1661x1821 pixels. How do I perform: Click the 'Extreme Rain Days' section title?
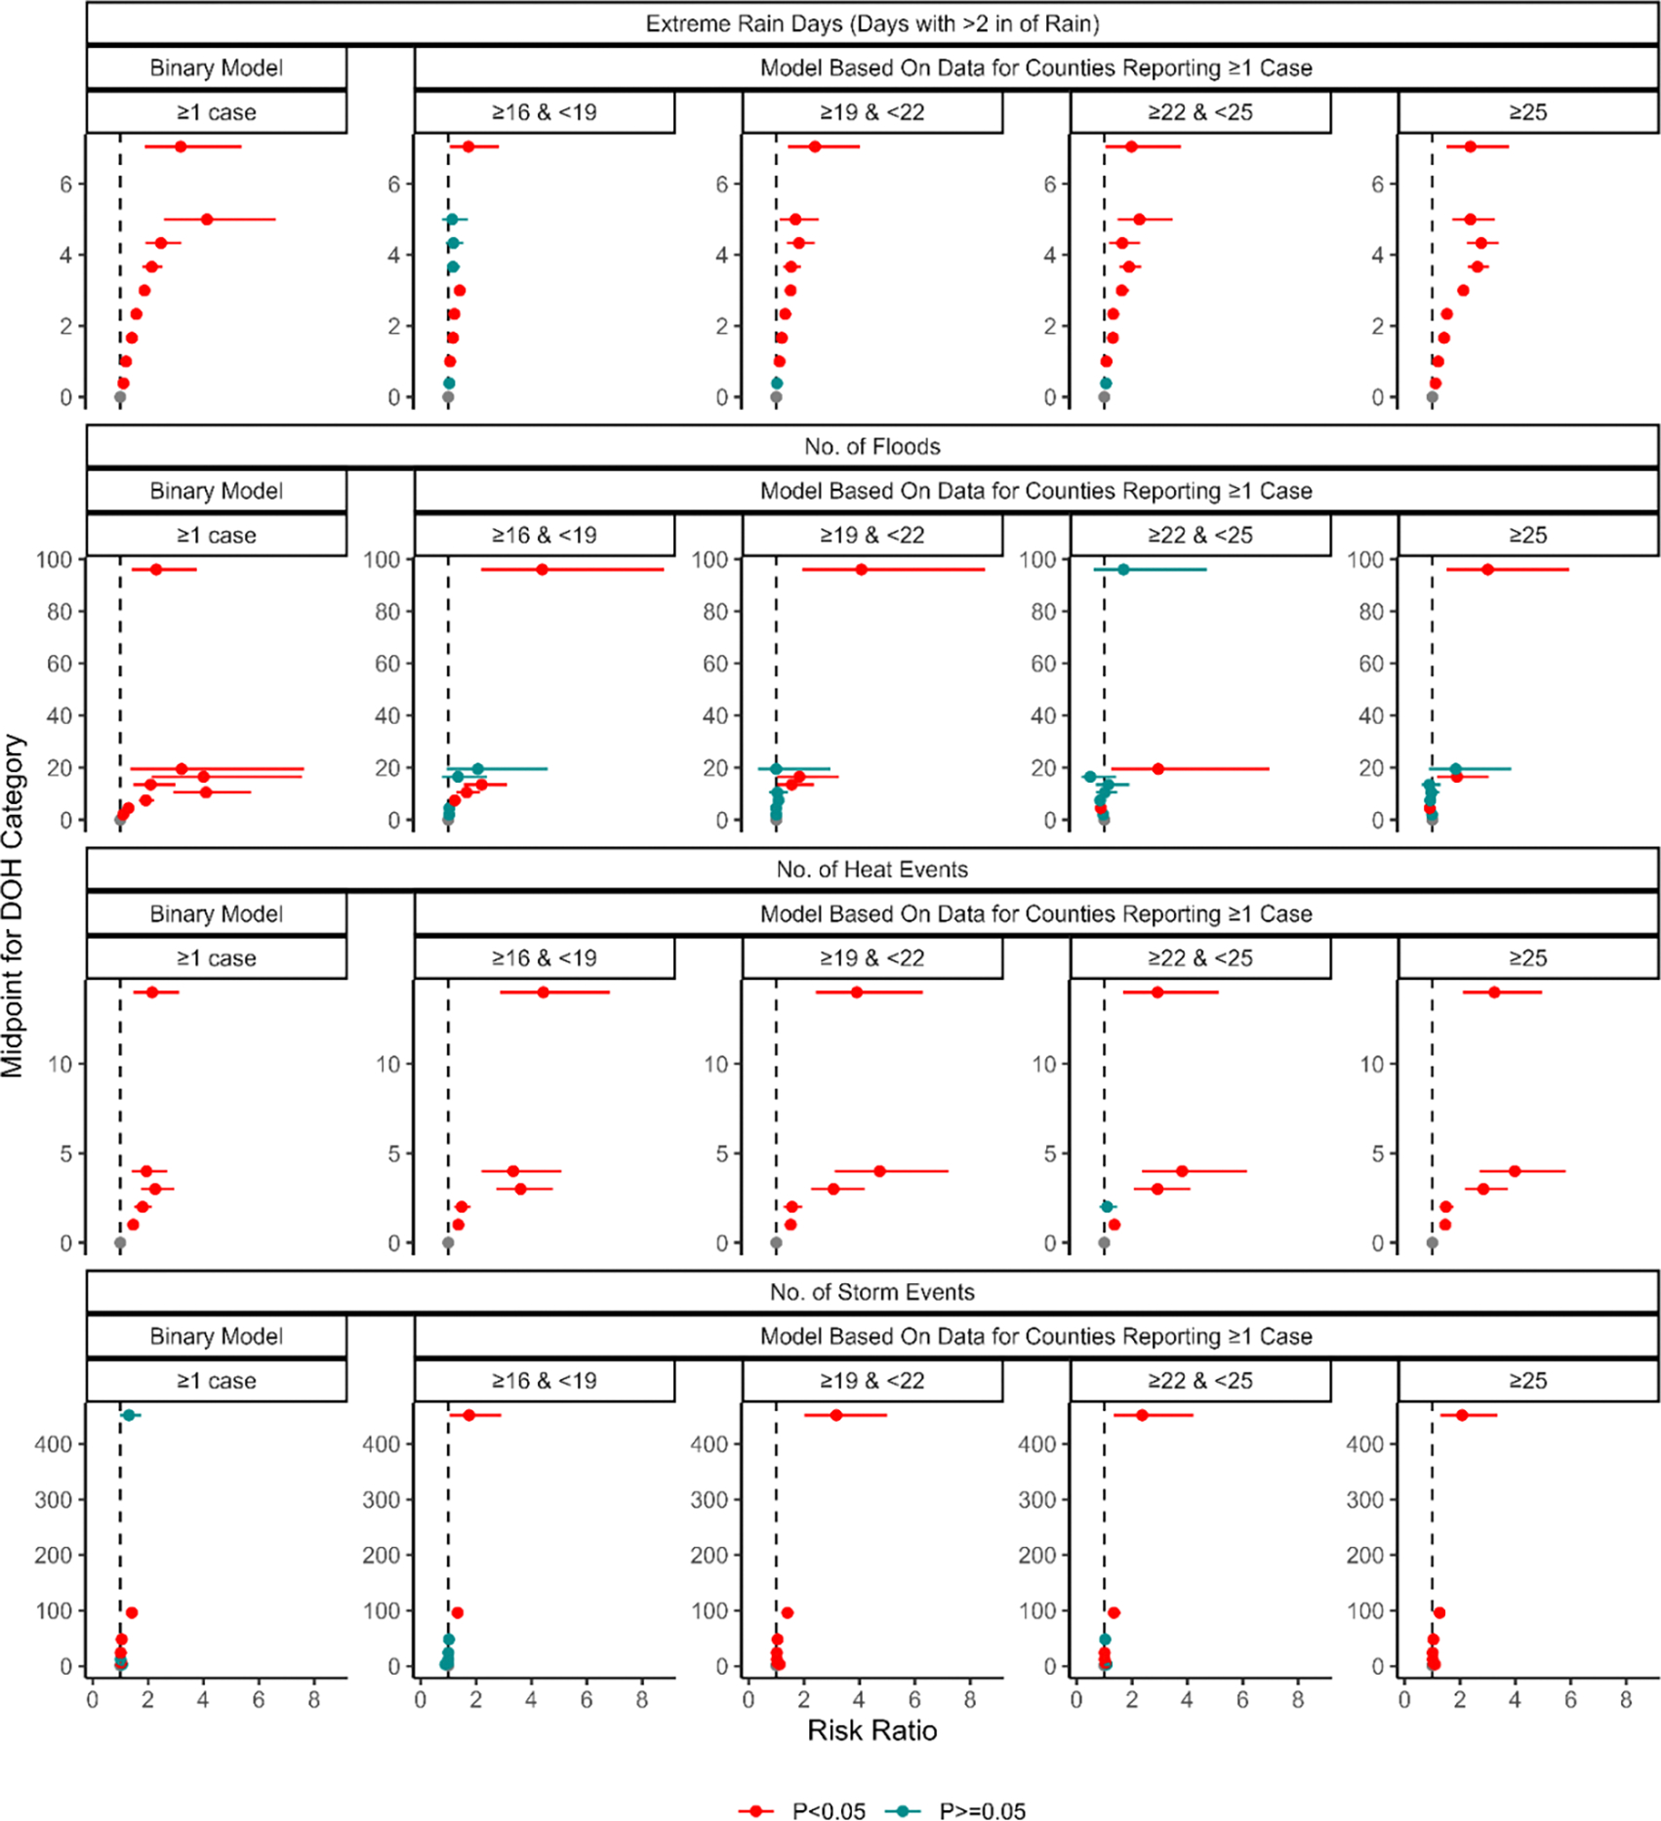[x=871, y=23]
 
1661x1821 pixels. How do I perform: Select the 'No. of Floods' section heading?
[x=871, y=446]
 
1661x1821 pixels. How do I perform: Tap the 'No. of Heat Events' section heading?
[x=871, y=869]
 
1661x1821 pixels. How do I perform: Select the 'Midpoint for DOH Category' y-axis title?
[x=13, y=906]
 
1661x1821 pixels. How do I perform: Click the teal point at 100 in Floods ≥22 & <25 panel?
[x=1123, y=570]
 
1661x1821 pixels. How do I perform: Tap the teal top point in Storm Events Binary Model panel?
[x=128, y=1415]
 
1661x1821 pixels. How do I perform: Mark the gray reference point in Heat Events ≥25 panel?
[x=1432, y=1243]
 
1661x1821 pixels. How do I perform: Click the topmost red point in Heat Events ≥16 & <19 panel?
[x=543, y=992]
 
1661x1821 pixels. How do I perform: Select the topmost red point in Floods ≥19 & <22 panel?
[x=861, y=570]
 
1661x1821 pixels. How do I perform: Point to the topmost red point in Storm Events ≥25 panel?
[x=1461, y=1415]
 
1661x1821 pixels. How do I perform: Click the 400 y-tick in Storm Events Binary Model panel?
[x=54, y=1444]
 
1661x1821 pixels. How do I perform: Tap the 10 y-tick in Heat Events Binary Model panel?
[x=61, y=1064]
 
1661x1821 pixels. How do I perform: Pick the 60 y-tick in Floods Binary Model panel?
[x=61, y=664]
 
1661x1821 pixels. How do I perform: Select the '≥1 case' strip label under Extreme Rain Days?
[x=216, y=112]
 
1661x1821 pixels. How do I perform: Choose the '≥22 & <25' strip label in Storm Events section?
[x=1199, y=1380]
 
